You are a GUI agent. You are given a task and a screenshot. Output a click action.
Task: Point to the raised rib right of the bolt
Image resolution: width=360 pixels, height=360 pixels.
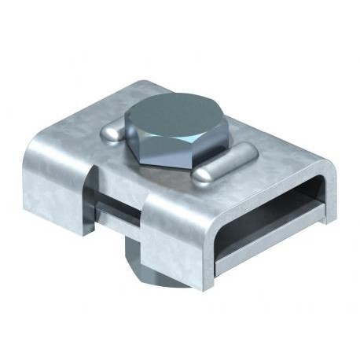[216, 172]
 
